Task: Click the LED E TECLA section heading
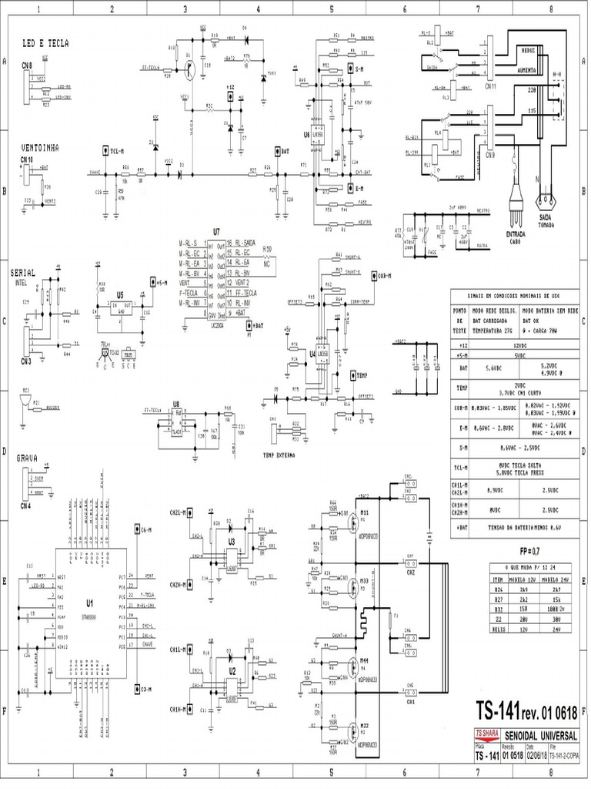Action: click(45, 45)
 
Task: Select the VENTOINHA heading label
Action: click(42, 146)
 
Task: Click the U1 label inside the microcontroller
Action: click(89, 603)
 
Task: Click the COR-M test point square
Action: click(372, 276)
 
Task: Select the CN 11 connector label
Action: click(489, 87)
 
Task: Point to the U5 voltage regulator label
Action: click(120, 294)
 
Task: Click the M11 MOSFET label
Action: click(364, 512)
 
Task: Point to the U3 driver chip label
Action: click(231, 542)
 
